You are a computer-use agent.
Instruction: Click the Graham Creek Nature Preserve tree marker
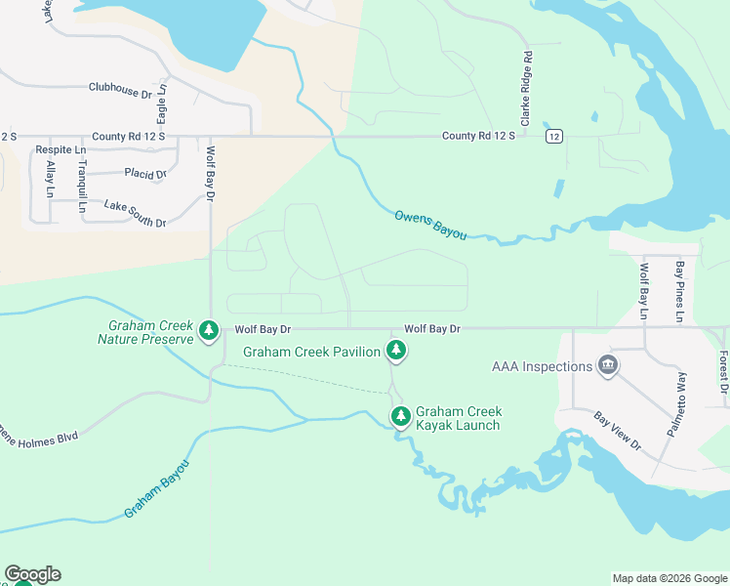tap(208, 332)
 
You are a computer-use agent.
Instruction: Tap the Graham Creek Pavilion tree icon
tap(395, 351)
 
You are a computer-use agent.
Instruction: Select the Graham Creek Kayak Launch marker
tap(400, 417)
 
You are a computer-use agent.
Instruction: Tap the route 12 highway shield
tap(553, 136)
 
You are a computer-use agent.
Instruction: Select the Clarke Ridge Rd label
tap(525, 89)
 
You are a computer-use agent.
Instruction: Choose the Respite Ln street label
tap(61, 149)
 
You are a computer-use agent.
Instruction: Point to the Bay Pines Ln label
tap(679, 290)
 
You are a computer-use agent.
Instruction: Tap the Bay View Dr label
tap(617, 431)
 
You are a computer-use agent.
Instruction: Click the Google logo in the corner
tap(32, 574)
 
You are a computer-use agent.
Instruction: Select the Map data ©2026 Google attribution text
tap(669, 578)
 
